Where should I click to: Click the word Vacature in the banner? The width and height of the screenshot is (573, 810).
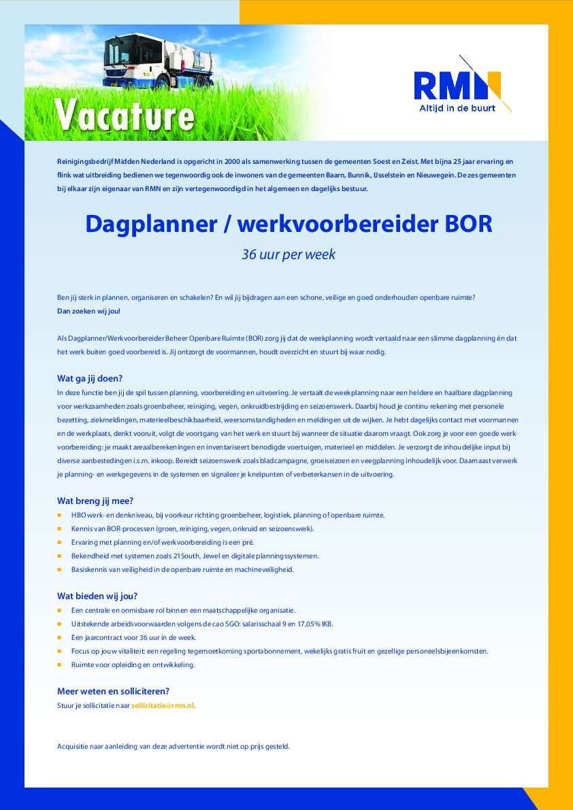[125, 114]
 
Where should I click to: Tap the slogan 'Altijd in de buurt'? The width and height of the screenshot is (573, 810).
[457, 107]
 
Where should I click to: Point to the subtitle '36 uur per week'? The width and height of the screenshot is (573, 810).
[289, 255]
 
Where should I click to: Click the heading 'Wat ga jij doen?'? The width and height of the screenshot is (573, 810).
[89, 379]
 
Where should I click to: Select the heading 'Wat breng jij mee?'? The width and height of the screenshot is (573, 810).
[95, 501]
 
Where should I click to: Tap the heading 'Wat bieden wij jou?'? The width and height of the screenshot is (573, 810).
[97, 596]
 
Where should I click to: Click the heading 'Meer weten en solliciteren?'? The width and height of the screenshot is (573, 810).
[113, 692]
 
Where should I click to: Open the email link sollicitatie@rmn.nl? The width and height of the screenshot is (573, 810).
[163, 705]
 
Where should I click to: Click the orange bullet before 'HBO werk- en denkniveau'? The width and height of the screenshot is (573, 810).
[60, 516]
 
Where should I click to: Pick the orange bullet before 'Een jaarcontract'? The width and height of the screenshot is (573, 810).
[60, 638]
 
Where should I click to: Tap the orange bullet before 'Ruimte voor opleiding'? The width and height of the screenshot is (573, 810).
[60, 665]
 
